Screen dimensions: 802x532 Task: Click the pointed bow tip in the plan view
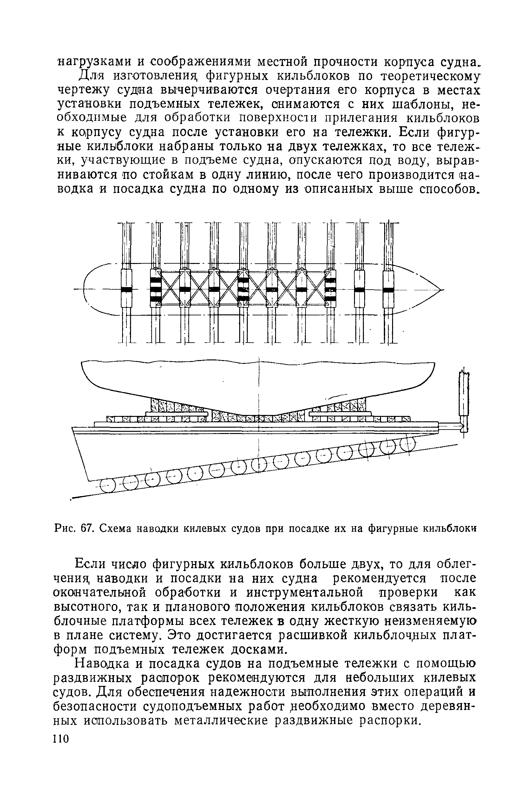pyautogui.click(x=442, y=289)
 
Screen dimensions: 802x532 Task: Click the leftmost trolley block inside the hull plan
pyautogui.click(x=126, y=289)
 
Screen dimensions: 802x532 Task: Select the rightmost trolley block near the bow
pyautogui.click(x=389, y=289)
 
